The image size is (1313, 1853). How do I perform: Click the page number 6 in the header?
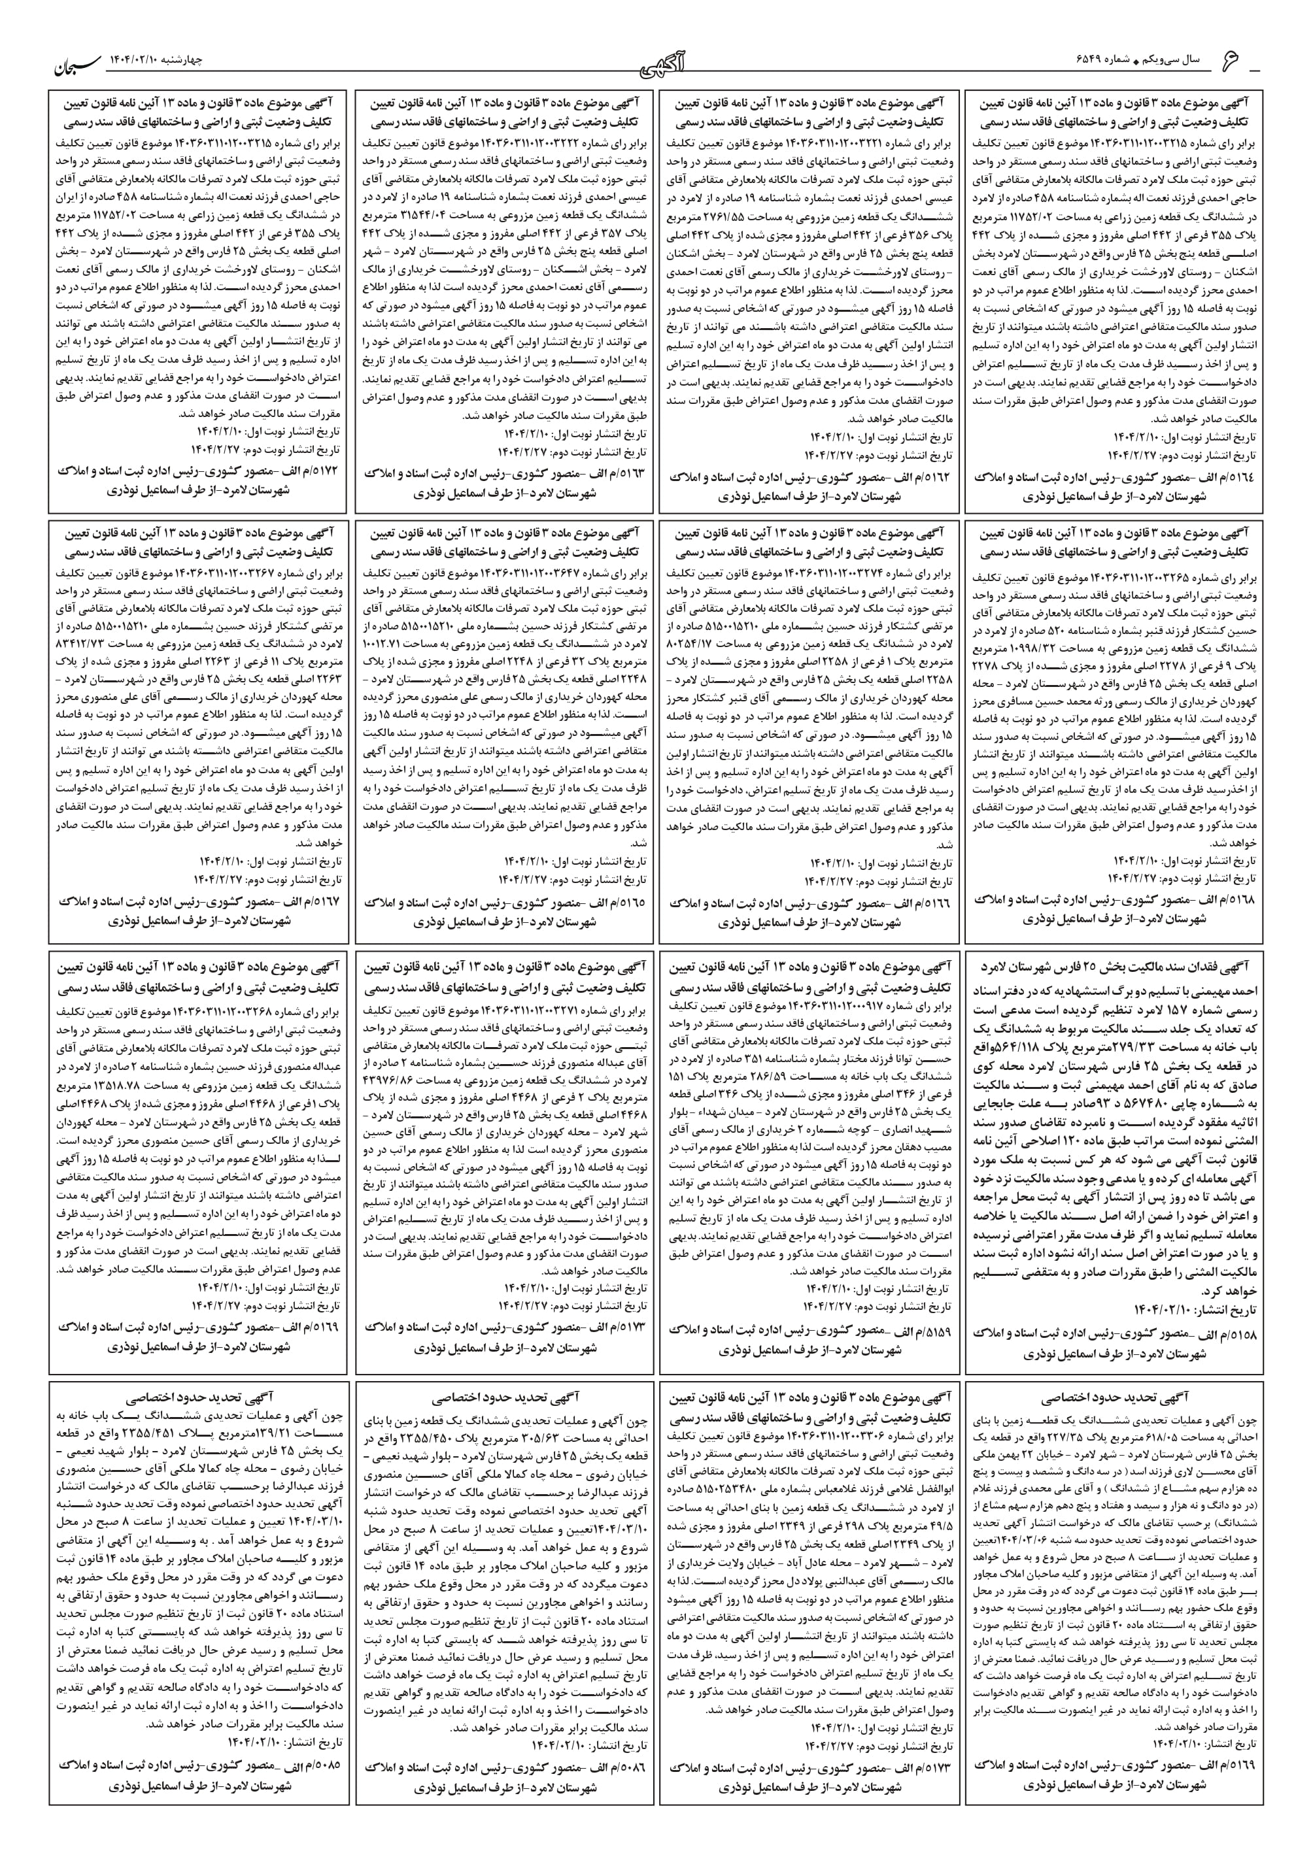(1253, 61)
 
